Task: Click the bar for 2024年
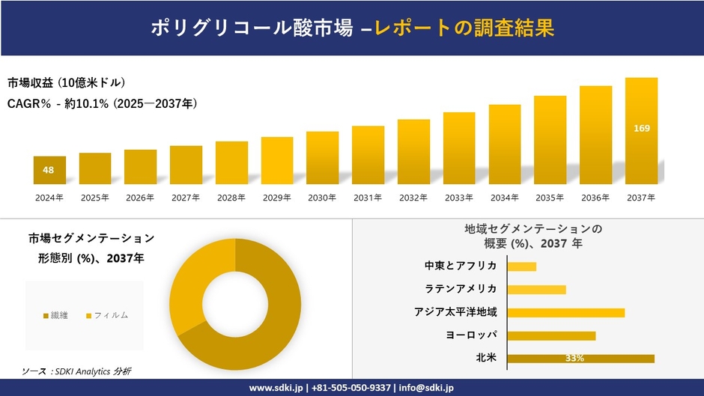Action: point(49,171)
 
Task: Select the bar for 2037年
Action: point(641,131)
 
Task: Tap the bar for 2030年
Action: point(322,158)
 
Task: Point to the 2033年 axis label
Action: point(458,198)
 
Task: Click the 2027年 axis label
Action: point(186,198)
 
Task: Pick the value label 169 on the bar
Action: point(641,129)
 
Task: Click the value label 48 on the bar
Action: point(49,170)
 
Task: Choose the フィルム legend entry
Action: point(106,315)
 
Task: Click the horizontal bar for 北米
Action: point(580,359)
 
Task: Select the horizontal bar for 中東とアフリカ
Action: point(522,266)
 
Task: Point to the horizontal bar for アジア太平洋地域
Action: point(565,313)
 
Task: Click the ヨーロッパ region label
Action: point(472,335)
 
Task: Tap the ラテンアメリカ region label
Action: point(461,289)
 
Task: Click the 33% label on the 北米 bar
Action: point(574,359)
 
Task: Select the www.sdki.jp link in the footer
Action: point(276,388)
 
